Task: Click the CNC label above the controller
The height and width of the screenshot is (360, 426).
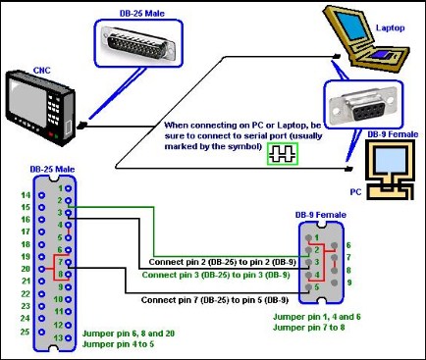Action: coord(41,71)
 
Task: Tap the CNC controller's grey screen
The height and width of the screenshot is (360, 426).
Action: coord(27,97)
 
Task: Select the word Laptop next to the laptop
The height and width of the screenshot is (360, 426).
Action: coord(390,27)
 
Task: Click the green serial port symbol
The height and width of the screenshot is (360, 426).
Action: coord(283,154)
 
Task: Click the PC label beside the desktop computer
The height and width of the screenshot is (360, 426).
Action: coord(355,191)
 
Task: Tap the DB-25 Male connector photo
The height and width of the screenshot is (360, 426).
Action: coord(138,43)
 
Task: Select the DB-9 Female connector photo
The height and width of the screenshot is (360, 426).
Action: coord(362,105)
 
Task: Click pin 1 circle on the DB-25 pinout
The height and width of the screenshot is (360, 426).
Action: coord(68,188)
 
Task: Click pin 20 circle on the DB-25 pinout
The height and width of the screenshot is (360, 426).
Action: coord(41,269)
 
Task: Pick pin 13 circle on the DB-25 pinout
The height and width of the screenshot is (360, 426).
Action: coord(68,337)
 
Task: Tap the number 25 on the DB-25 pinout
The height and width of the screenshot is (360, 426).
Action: coord(26,332)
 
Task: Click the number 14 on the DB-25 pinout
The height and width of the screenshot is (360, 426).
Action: coord(26,195)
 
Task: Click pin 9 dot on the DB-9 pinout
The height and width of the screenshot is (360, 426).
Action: coord(334,283)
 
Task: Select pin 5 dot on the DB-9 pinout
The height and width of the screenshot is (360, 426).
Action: coord(308,287)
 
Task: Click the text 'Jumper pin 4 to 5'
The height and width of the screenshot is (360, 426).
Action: coord(118,344)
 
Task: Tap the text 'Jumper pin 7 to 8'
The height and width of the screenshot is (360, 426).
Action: coord(308,328)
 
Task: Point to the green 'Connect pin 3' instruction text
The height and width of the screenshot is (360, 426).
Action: coord(216,275)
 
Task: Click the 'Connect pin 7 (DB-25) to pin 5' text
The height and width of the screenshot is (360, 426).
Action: coord(215,300)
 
